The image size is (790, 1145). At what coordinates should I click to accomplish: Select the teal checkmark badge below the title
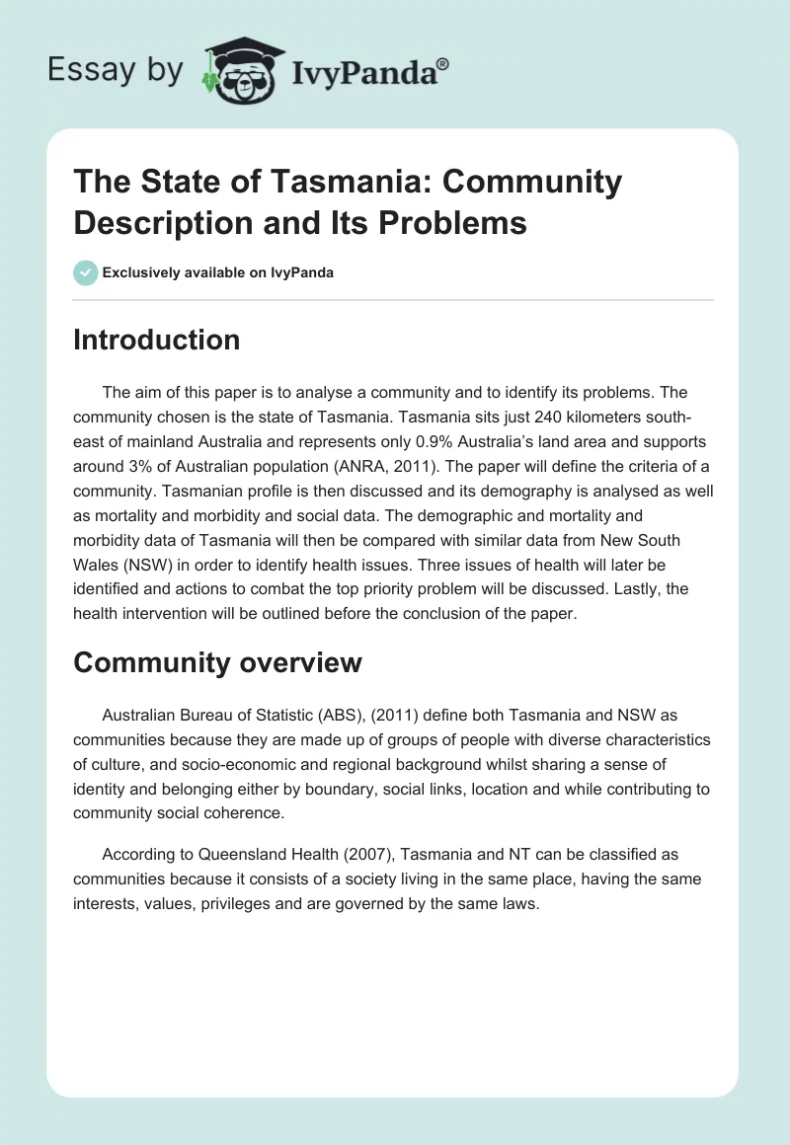[86, 273]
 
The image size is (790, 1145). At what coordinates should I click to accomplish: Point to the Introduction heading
[157, 340]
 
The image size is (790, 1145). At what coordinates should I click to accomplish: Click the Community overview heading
[217, 662]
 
